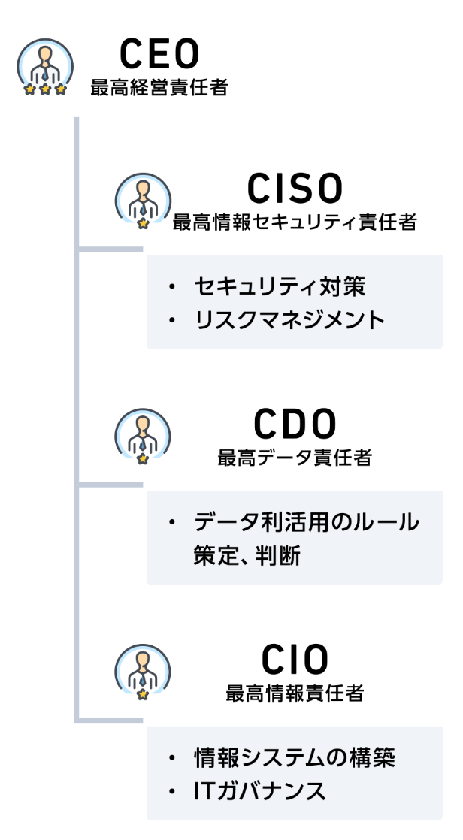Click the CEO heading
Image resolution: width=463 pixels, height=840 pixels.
point(159,53)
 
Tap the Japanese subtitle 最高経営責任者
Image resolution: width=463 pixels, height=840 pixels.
point(159,88)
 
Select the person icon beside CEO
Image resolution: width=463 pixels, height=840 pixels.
point(45,65)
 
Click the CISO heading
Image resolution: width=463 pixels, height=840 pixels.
point(295,189)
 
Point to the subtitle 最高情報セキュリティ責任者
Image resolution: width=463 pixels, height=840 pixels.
point(295,222)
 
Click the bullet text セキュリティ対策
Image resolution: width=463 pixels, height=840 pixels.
point(280,286)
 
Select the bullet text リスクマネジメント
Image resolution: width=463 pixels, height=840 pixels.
point(289,320)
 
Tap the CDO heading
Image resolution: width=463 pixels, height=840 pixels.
point(295,425)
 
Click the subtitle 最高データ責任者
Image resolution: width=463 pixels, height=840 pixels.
point(295,458)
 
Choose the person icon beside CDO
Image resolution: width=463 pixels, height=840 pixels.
point(143,435)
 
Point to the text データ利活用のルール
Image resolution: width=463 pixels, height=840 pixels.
point(307,521)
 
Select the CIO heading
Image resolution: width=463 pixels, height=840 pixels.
point(295,660)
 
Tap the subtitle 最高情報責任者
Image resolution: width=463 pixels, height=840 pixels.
point(295,693)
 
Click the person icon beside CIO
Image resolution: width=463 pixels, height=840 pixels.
point(143,670)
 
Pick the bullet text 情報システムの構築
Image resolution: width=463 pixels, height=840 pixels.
point(294,757)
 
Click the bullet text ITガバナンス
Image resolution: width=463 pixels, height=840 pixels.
point(260,790)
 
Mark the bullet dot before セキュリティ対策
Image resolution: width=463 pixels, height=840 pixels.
point(172,287)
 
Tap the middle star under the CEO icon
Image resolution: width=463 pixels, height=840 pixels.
point(45,89)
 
